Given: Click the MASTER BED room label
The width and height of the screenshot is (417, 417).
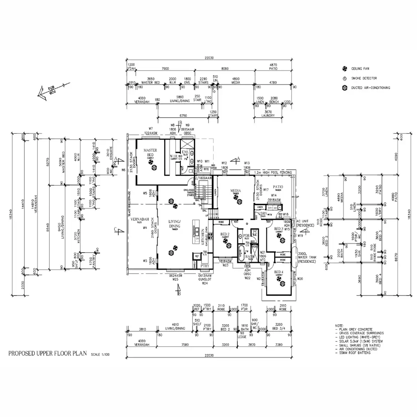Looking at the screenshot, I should coord(150,153).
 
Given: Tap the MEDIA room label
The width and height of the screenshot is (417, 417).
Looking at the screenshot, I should coord(236,191).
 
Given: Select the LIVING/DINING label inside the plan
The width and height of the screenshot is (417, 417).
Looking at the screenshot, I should coord(175,224).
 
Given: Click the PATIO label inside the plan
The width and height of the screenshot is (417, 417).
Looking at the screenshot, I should coord(278,187).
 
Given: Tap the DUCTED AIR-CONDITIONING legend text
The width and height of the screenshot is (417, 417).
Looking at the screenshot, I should coord(370,88).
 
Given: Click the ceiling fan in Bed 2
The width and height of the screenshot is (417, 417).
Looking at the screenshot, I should coord(228,245).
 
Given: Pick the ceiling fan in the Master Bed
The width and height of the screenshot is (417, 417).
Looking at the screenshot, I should coord(152,167).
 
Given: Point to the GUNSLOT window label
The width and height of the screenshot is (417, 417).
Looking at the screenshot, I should coord(205,279).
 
